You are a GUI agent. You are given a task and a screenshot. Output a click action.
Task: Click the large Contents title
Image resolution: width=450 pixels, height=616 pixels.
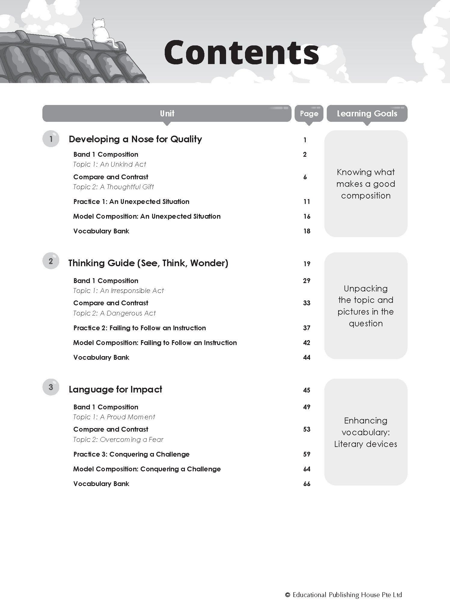tap(241, 53)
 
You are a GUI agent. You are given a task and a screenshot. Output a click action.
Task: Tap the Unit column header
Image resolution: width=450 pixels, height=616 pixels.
tap(167, 113)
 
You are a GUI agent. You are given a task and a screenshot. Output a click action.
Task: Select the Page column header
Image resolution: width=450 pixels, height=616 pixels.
tap(309, 113)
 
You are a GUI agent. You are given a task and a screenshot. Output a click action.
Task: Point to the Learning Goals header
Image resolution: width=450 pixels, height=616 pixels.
tap(367, 113)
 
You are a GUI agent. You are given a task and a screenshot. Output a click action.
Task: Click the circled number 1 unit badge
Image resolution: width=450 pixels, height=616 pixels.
tap(51, 139)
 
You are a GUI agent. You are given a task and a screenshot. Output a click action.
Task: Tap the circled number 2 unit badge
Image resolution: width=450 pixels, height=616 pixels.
tap(51, 261)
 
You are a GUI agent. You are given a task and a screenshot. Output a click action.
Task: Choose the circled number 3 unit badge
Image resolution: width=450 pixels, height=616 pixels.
tap(51, 387)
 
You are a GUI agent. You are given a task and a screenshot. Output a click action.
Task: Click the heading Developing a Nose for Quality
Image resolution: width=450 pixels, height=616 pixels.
tap(135, 139)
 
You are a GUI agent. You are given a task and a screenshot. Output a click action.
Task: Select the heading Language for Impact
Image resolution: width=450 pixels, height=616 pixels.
tap(115, 390)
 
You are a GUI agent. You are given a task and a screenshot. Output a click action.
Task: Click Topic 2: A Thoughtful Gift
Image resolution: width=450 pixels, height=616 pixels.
tap(113, 187)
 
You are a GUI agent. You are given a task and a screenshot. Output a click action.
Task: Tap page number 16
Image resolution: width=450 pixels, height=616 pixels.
tap(307, 216)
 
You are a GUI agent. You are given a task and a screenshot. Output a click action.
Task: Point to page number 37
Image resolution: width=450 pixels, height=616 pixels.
tap(307, 328)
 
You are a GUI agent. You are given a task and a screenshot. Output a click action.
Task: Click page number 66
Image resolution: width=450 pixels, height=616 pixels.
tap(307, 484)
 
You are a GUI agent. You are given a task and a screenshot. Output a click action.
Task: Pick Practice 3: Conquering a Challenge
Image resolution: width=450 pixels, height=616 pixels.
tap(131, 454)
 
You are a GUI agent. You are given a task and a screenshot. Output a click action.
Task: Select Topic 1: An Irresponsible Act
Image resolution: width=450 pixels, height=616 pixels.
tap(118, 291)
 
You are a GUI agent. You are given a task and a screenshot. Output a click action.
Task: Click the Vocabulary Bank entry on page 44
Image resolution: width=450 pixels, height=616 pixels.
tap(101, 357)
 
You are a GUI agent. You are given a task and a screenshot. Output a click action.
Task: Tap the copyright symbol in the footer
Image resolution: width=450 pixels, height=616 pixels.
tap(288, 595)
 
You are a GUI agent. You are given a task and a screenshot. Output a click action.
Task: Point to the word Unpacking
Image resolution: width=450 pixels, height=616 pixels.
tap(366, 288)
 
